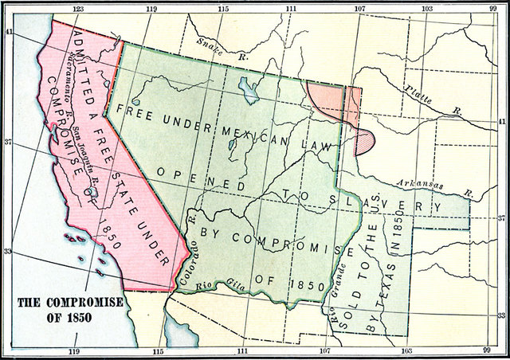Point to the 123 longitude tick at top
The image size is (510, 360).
click(77, 9)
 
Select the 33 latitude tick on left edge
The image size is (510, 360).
click(8, 252)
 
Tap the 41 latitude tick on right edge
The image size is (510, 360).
click(502, 122)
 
